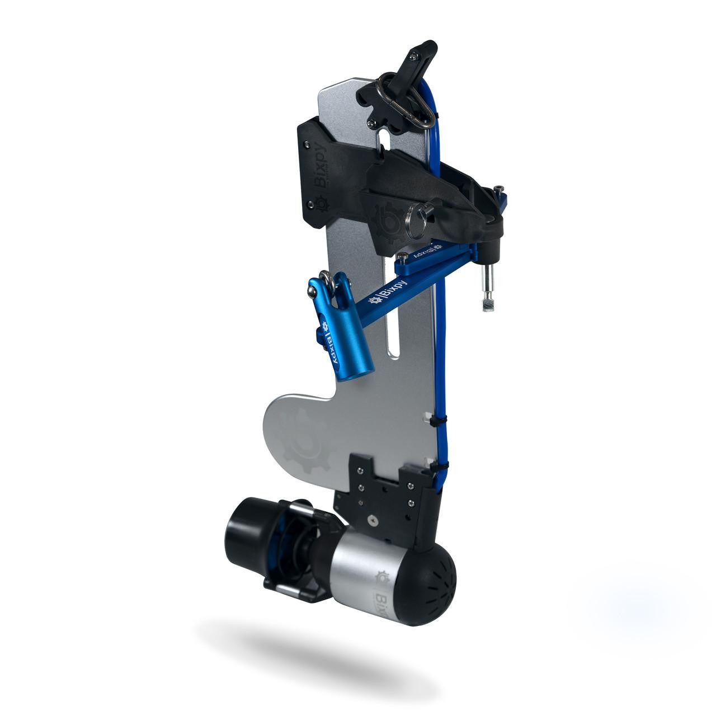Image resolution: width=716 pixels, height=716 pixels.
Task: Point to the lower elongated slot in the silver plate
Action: coord(394,330)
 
